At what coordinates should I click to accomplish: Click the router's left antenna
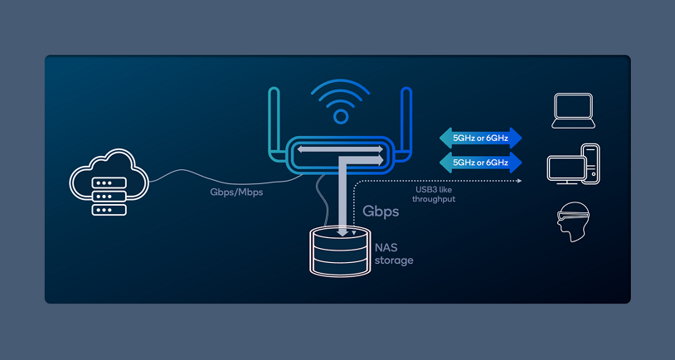coord(273,124)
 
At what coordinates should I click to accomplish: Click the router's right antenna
coord(405,124)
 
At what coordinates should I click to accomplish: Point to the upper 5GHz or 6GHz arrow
coord(480,138)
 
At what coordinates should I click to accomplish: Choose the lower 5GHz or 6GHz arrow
coord(480,162)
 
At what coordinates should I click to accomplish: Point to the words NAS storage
coord(393,254)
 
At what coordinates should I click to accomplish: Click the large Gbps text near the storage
coord(381,212)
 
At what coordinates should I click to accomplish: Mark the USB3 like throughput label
coord(435,194)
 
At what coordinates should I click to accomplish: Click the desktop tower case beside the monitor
coord(590,163)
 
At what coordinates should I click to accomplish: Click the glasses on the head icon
coord(573,217)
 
